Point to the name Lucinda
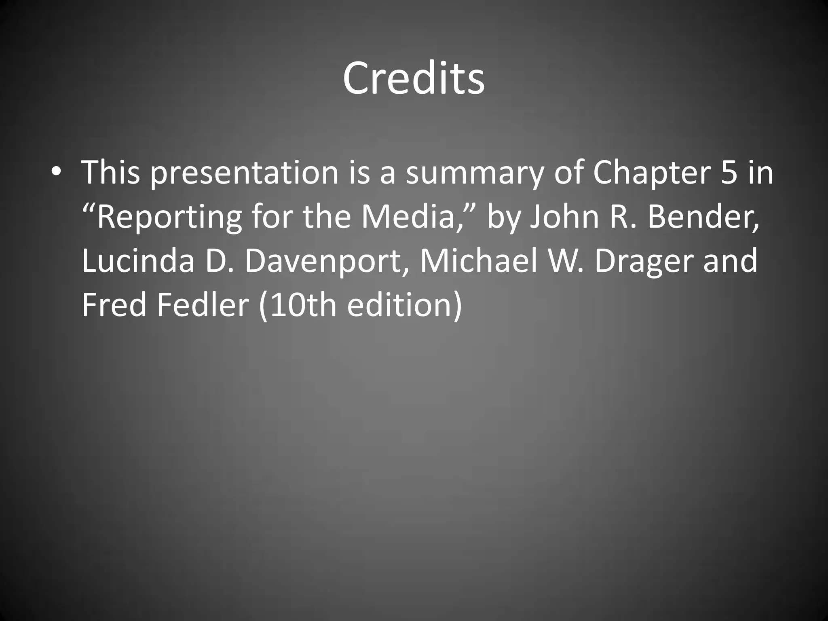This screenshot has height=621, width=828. (x=138, y=261)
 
